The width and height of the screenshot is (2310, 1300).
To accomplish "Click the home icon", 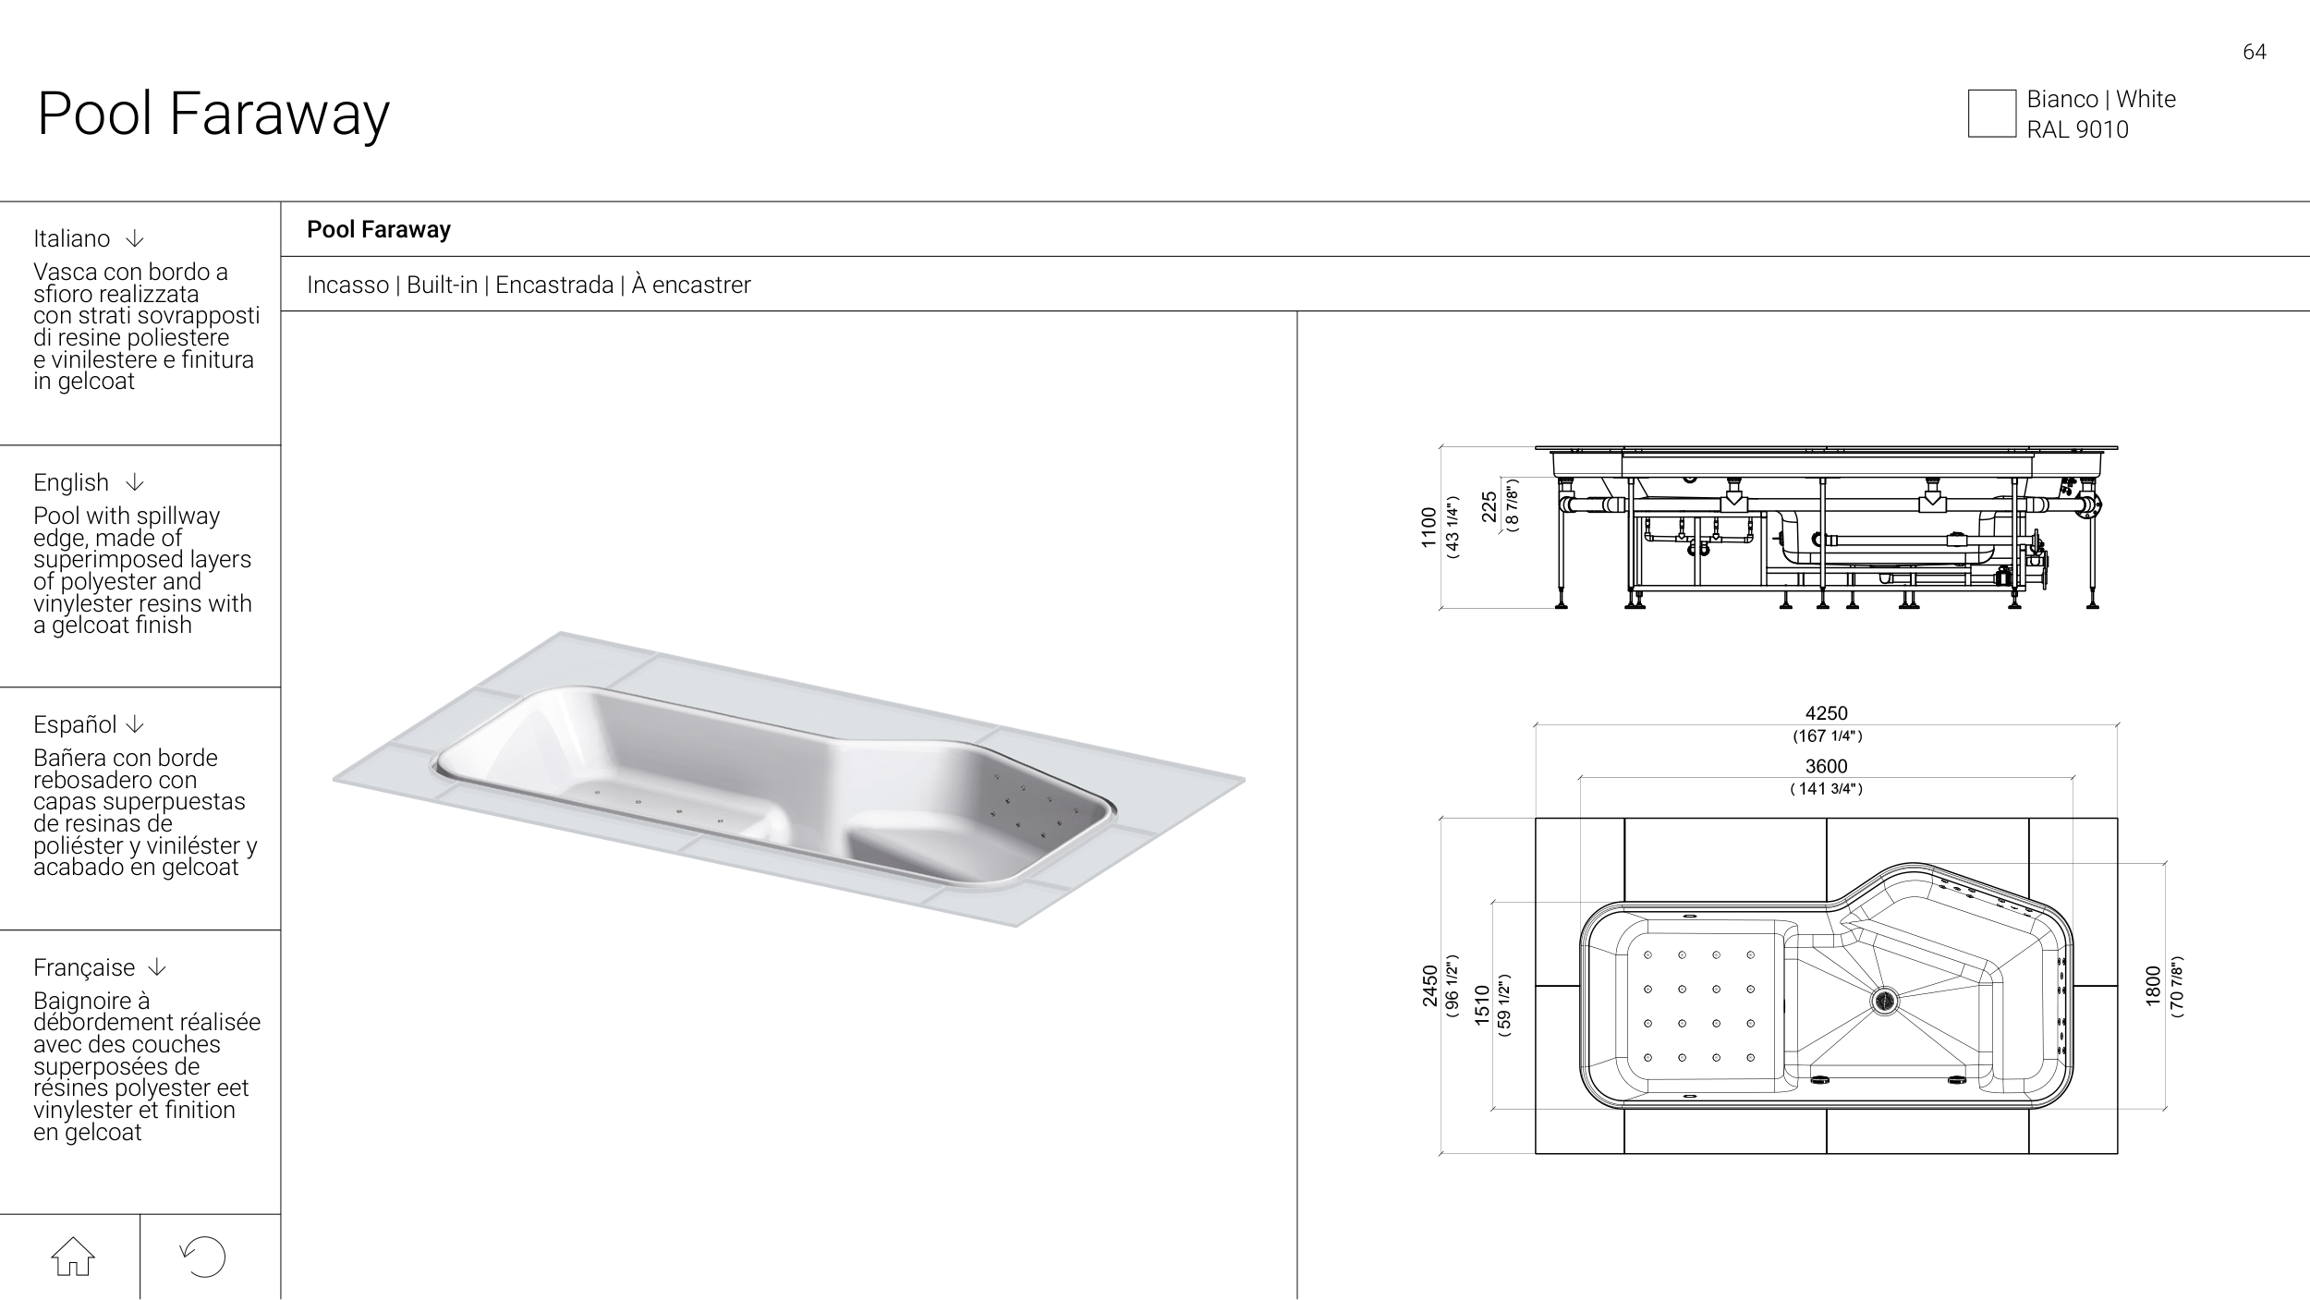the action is pyautogui.click(x=73, y=1257).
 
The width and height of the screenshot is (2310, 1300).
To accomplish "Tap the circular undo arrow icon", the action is pyautogui.click(x=203, y=1257).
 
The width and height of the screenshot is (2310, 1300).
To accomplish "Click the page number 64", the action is pyautogui.click(x=2255, y=52).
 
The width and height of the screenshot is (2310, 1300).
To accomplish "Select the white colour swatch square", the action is pyautogui.click(x=1992, y=114).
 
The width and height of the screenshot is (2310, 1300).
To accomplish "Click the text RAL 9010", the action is pyautogui.click(x=2078, y=129).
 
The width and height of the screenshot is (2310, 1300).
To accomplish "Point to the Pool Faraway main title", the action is pyautogui.click(x=213, y=114).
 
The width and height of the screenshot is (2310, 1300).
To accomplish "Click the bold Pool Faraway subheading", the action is pyautogui.click(x=379, y=229).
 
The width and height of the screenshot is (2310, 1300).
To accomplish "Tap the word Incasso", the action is pyautogui.click(x=347, y=285).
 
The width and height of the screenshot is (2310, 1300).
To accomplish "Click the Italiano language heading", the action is pyautogui.click(x=71, y=238).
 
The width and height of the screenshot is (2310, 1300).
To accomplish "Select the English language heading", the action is pyautogui.click(x=71, y=482).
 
